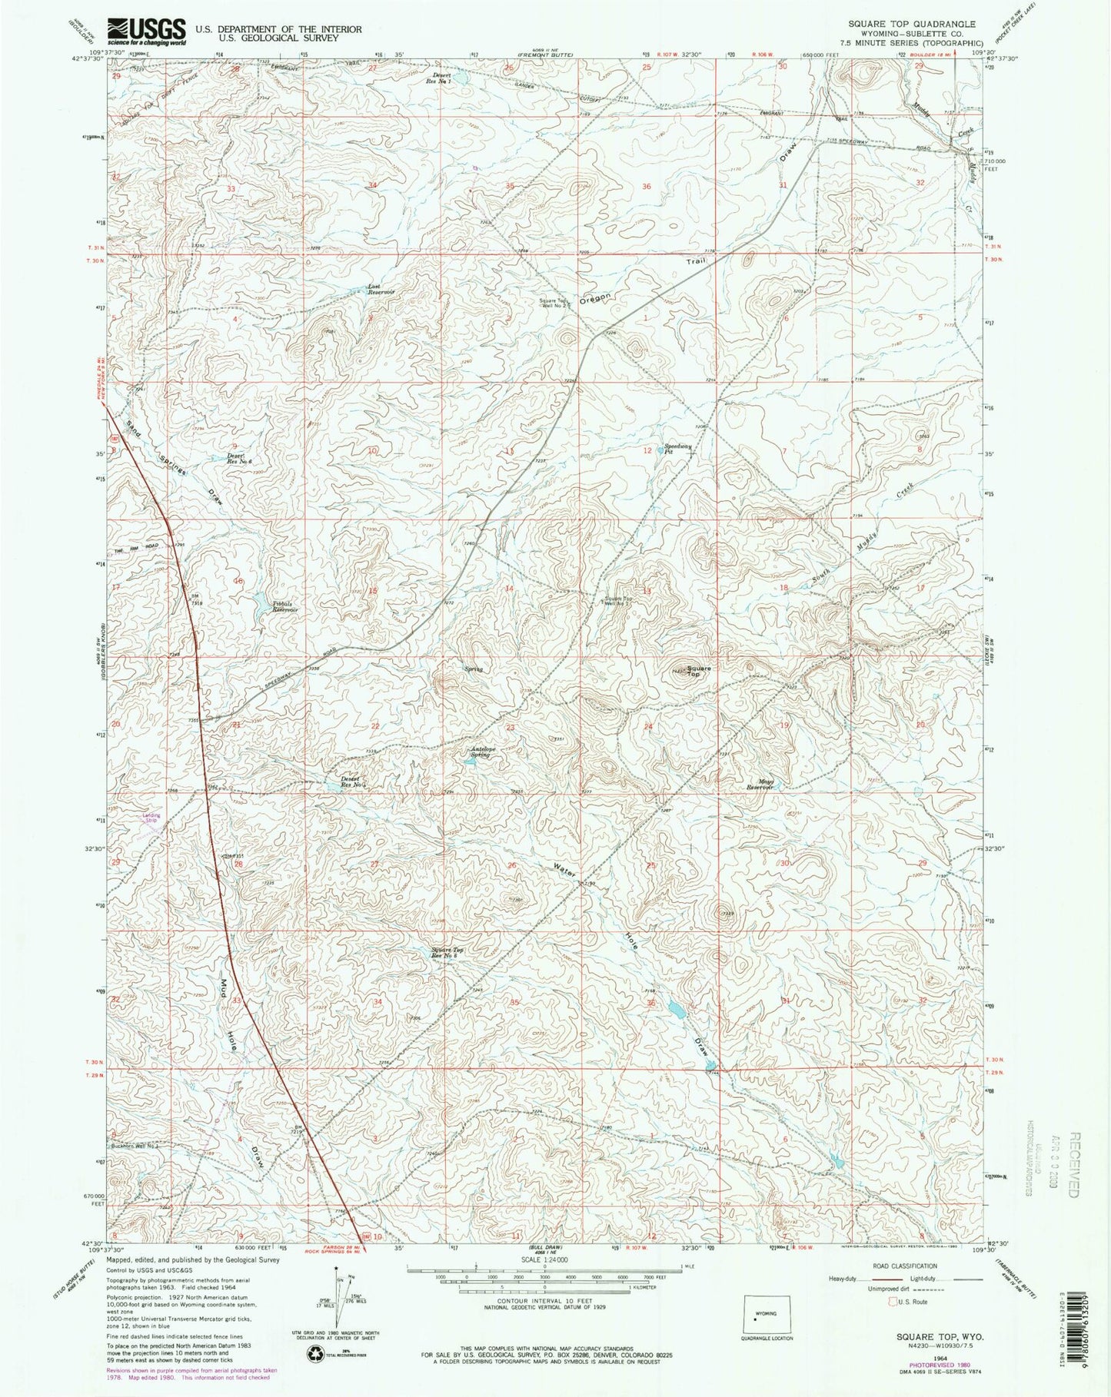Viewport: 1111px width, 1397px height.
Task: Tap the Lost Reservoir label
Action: [x=380, y=289]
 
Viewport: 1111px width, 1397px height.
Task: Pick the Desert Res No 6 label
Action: [x=237, y=457]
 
